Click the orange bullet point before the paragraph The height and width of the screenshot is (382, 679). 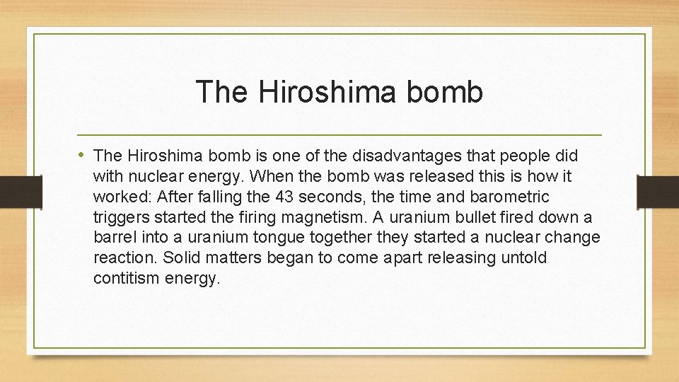pos(82,154)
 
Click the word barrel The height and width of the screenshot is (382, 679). pos(112,237)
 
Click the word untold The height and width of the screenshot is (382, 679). pos(523,257)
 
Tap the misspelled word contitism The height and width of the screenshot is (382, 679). pos(126,278)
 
